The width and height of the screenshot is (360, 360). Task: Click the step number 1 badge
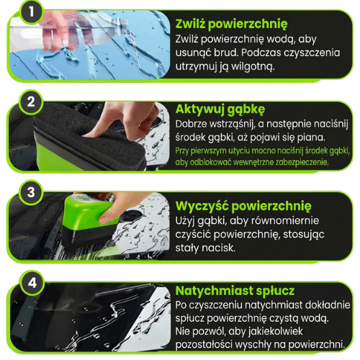(32, 12)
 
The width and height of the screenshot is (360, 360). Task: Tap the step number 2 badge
(31, 102)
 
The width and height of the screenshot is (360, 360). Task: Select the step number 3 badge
(31, 192)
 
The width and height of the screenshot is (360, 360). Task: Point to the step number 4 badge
(32, 283)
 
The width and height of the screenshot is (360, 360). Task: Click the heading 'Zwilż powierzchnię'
(231, 24)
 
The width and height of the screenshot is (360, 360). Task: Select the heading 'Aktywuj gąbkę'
(220, 109)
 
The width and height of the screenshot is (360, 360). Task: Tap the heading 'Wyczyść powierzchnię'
(243, 207)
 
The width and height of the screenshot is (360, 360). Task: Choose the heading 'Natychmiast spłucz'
(235, 291)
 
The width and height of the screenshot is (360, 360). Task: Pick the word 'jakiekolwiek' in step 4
(276, 331)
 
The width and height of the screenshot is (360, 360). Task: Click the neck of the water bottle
(121, 24)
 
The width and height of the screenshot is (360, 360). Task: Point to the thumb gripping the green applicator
(109, 214)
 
